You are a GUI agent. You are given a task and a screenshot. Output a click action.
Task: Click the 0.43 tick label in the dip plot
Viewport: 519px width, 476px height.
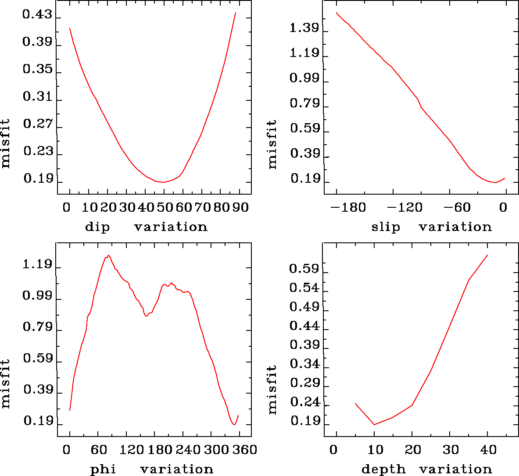click(37, 16)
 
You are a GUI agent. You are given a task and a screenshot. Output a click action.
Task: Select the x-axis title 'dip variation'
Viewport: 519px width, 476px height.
click(146, 227)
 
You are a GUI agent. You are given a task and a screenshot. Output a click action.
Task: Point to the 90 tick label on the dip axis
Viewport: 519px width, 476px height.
click(240, 207)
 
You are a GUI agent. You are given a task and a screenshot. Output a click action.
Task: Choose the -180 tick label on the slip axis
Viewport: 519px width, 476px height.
click(349, 207)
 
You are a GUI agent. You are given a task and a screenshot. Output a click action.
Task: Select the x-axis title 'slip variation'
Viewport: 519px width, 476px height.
click(431, 227)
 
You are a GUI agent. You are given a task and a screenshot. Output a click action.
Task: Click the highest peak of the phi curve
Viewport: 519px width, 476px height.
click(108, 255)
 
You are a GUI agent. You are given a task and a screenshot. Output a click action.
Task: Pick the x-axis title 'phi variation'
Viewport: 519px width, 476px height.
click(151, 469)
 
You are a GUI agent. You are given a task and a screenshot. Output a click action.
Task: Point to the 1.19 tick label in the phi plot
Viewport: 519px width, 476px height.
click(37, 265)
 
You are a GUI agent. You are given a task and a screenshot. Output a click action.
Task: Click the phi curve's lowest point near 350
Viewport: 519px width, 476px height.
click(234, 424)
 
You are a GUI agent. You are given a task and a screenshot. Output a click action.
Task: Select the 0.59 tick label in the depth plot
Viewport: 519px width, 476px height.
click(304, 269)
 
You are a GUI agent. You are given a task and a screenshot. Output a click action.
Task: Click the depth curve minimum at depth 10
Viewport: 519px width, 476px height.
click(374, 424)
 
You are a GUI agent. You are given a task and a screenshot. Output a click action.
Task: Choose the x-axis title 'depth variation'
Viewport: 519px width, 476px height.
click(426, 469)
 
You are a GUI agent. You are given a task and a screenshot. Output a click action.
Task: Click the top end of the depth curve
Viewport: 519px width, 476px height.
click(487, 255)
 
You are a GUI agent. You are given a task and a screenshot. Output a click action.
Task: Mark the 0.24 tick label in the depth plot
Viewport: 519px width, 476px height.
click(304, 402)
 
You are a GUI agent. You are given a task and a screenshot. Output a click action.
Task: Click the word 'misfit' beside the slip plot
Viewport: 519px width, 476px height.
click(272, 144)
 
